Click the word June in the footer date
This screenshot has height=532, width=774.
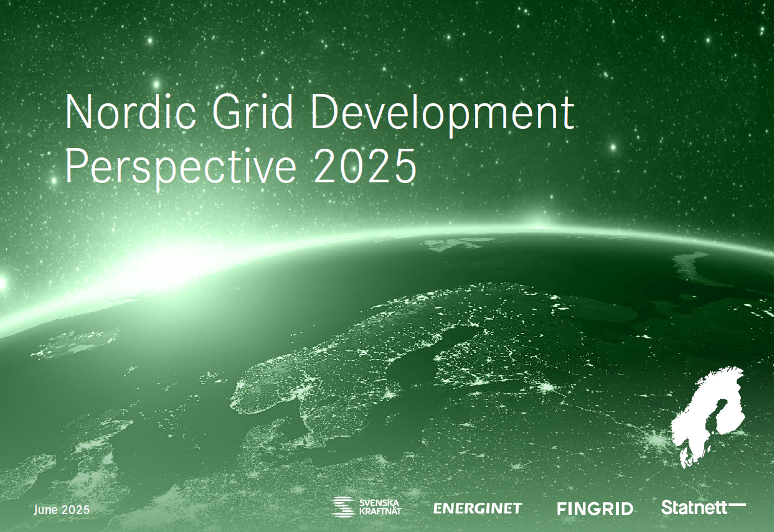[x=45, y=510]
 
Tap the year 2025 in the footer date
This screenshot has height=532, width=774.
[x=76, y=510]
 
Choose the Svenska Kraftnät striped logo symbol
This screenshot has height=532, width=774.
[x=343, y=507]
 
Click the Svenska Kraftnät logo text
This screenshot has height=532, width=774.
[x=380, y=507]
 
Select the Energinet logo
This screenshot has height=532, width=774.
[x=477, y=508]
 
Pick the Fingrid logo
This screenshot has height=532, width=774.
[x=595, y=509]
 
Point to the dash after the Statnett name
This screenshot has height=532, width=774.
[x=737, y=505]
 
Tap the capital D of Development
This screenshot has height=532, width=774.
[x=324, y=113]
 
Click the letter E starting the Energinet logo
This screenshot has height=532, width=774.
[x=438, y=508]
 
